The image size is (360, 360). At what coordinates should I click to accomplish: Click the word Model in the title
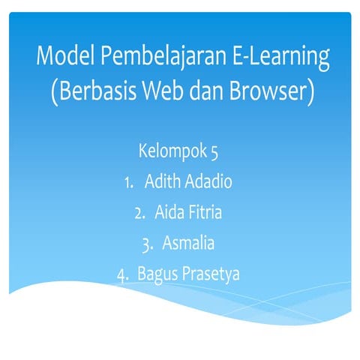(65, 56)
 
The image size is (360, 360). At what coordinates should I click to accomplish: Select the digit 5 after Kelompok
(214, 151)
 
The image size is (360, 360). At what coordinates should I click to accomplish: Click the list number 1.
(128, 182)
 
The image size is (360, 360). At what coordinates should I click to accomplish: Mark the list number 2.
(139, 213)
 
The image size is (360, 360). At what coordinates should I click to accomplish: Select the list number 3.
(147, 244)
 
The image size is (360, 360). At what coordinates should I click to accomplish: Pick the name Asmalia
(189, 243)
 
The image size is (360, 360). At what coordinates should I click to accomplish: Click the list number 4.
(122, 274)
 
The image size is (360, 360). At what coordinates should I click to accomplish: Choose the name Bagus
(157, 275)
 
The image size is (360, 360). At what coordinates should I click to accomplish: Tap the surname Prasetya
(211, 274)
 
